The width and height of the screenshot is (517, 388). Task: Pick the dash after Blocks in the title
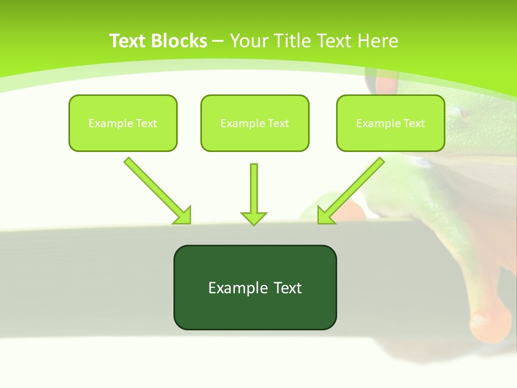pos(218,41)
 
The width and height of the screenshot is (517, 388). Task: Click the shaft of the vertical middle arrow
pos(254,186)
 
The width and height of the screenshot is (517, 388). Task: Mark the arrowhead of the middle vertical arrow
pos(254,218)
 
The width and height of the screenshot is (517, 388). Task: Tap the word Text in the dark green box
pos(288,288)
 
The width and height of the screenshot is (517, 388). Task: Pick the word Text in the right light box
pos(414,123)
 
